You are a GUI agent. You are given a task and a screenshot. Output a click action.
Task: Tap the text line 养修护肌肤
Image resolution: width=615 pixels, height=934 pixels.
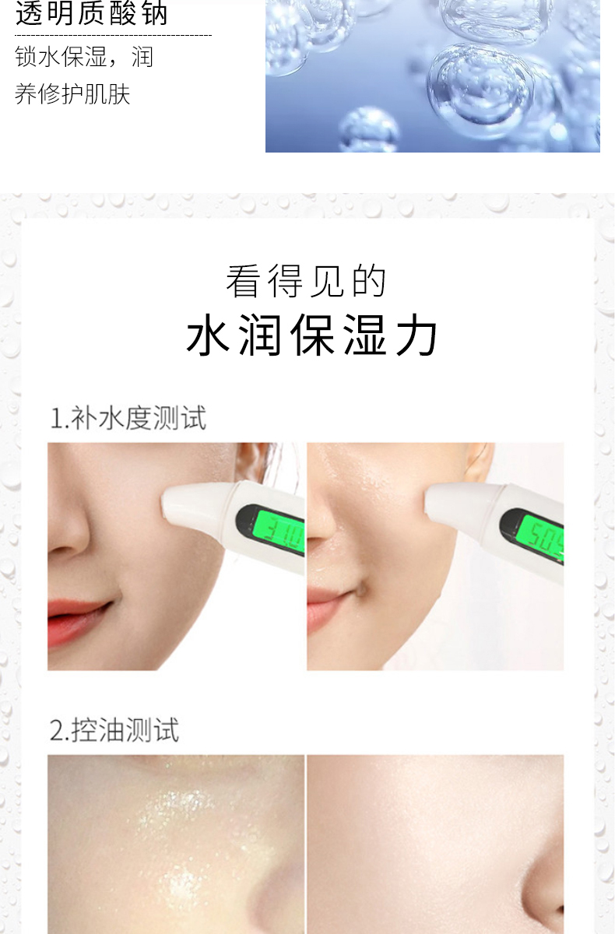tap(72, 93)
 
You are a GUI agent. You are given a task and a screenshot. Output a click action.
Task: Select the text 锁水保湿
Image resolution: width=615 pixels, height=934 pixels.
tap(61, 56)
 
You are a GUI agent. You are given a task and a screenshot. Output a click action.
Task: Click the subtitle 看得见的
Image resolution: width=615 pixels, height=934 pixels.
tap(307, 282)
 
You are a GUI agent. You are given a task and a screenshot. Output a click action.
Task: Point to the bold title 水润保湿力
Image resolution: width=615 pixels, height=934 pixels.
tap(312, 335)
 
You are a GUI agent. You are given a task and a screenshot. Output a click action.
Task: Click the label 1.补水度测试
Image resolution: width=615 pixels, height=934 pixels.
tap(128, 418)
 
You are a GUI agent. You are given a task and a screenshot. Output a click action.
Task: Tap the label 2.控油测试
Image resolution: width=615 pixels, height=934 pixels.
tap(114, 730)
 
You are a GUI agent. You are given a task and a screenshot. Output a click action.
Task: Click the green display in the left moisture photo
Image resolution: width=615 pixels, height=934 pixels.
tap(279, 531)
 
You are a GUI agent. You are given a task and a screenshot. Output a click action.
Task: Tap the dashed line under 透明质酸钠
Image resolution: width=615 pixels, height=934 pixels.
tap(114, 35)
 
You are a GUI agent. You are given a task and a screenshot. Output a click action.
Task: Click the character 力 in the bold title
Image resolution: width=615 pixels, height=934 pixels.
tap(416, 335)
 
